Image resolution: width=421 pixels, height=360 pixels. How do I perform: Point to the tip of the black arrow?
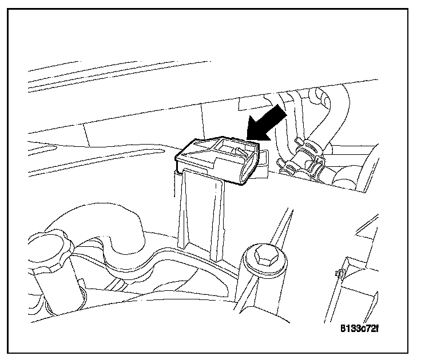247,138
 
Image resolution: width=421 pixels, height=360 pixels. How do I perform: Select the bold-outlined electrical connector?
215,159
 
